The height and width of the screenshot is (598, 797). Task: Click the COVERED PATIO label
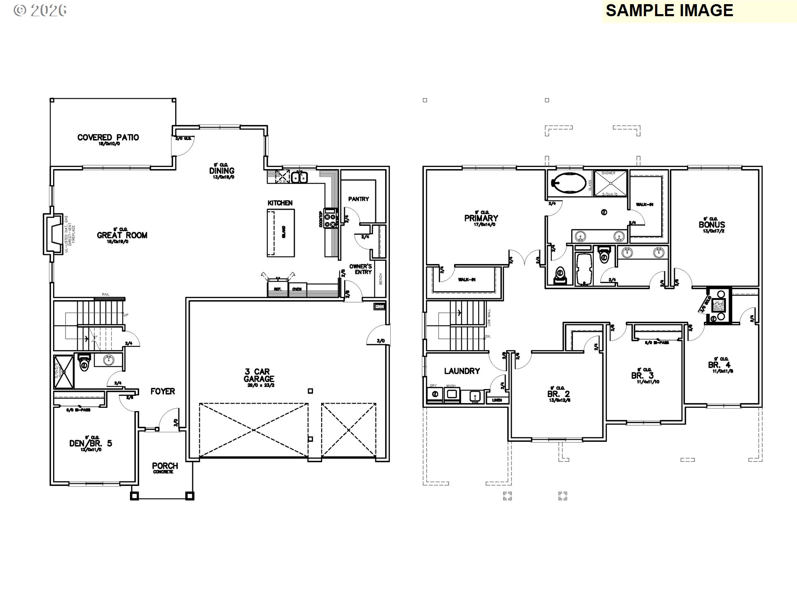(108, 137)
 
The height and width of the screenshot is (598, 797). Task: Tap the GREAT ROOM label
(122, 235)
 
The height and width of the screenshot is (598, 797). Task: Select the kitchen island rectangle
(281, 233)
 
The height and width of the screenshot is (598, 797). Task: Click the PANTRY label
(358, 199)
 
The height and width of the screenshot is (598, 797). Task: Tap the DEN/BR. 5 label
(90, 443)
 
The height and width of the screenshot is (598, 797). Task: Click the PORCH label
(165, 466)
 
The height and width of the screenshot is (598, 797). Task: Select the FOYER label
(163, 391)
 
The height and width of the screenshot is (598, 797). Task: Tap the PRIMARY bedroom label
(481, 218)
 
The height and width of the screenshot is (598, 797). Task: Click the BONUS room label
(711, 225)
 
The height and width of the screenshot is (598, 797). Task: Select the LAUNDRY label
(462, 371)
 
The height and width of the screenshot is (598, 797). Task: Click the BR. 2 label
(558, 394)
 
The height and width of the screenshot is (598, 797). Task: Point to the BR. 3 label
(642, 375)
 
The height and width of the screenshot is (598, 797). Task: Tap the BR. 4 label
(719, 365)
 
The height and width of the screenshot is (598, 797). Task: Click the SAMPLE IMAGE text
(669, 10)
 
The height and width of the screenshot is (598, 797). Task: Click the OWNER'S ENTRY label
(360, 269)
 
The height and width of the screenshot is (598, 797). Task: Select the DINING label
(222, 171)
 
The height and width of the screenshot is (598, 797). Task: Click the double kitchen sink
(299, 177)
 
